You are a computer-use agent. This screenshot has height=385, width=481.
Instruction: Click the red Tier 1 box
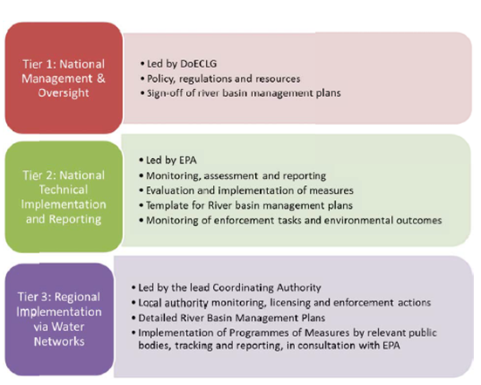64,78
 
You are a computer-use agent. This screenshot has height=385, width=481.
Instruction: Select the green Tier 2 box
64,196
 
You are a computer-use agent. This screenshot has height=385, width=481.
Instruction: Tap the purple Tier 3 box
59,319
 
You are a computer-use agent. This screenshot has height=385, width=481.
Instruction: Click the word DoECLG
198,64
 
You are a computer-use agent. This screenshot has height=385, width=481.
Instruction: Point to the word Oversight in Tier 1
64,93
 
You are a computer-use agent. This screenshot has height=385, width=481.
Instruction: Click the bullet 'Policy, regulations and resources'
221,79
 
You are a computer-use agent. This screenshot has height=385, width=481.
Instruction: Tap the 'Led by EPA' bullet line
168,160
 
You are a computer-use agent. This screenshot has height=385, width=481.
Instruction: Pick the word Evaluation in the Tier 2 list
170,190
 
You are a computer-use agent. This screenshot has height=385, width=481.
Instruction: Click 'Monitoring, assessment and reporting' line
232,175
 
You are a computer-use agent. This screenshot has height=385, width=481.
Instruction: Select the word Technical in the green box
64,189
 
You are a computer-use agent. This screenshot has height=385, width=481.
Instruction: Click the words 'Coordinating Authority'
266,288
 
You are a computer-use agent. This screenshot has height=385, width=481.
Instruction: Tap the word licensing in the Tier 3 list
290,303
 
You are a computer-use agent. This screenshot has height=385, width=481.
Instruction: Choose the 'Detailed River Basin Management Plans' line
229,318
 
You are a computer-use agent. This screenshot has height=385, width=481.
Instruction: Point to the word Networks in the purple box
59,341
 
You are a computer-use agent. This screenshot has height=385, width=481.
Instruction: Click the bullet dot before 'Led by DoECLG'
142,64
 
